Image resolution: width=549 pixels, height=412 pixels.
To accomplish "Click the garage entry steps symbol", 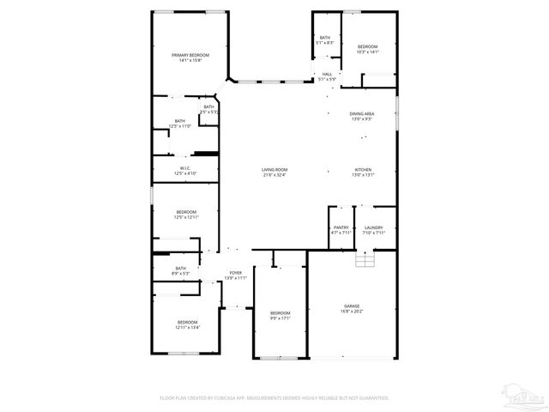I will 365,259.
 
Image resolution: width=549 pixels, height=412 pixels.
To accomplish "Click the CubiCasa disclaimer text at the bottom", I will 274,398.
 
